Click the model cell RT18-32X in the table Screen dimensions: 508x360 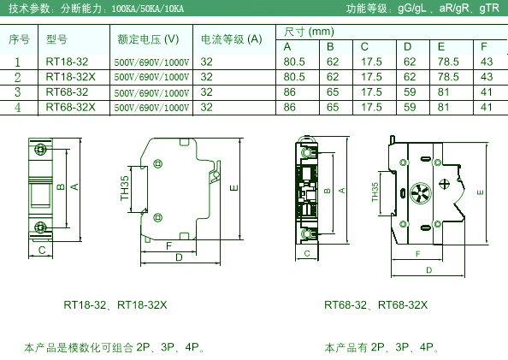71,77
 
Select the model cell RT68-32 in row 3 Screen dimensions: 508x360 67,92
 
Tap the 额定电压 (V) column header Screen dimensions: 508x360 148,39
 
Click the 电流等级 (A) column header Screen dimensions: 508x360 231,39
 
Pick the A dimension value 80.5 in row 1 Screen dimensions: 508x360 294,62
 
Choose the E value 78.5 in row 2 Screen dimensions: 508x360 448,77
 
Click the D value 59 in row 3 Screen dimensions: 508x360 410,92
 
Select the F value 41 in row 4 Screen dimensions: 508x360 487,107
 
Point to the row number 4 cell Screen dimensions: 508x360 18,108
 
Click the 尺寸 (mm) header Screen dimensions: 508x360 309,32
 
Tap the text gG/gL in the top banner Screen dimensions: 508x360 411,8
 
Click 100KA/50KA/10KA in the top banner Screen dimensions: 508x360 148,9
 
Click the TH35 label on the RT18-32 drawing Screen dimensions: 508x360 125,188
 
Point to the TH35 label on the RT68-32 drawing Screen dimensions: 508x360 375,192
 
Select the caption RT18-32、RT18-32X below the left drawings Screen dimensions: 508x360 115,305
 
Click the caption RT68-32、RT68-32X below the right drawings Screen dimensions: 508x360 375,305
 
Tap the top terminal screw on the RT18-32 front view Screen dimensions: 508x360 40,150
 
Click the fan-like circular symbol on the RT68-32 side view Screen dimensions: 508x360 421,193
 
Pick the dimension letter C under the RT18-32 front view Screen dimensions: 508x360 42,251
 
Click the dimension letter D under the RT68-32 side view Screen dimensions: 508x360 429,270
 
